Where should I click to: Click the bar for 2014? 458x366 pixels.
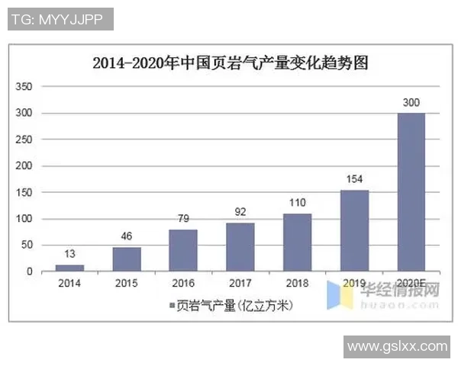coord(69,268)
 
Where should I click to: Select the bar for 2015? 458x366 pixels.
coord(127,259)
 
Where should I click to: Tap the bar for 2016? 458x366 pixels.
coord(183,250)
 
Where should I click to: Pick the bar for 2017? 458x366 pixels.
coord(240,247)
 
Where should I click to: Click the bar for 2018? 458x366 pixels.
coord(298,242)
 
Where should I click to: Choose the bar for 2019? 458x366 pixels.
coord(354,230)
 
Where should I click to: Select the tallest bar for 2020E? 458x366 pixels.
coord(411,192)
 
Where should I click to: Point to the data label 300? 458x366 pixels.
coord(411,103)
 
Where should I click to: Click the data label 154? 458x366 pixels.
coord(354,180)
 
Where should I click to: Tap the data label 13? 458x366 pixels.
coord(69,254)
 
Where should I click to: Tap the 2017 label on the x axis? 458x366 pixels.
coord(240,284)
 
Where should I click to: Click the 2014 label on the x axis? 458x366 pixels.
coord(69,284)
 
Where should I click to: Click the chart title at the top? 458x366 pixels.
coord(230,63)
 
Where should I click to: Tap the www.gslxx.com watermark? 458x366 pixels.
coord(397,347)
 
